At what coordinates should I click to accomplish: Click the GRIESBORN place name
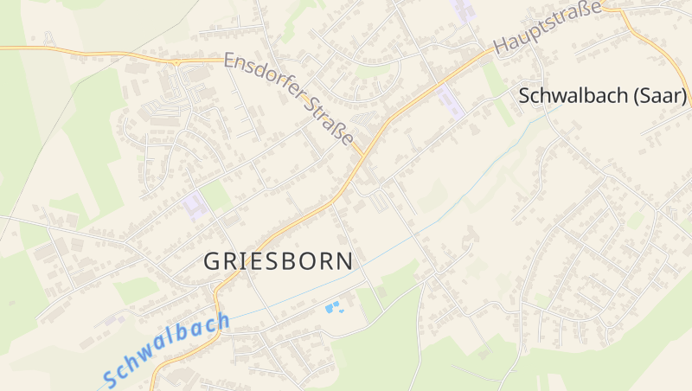click(278, 261)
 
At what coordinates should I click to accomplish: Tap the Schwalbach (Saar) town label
click(603, 96)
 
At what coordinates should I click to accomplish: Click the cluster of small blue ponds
click(333, 307)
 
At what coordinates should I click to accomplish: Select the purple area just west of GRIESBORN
click(195, 206)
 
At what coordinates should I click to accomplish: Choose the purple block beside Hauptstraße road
click(451, 102)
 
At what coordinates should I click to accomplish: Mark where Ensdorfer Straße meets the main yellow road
click(361, 155)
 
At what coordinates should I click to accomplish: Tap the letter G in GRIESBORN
click(213, 261)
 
